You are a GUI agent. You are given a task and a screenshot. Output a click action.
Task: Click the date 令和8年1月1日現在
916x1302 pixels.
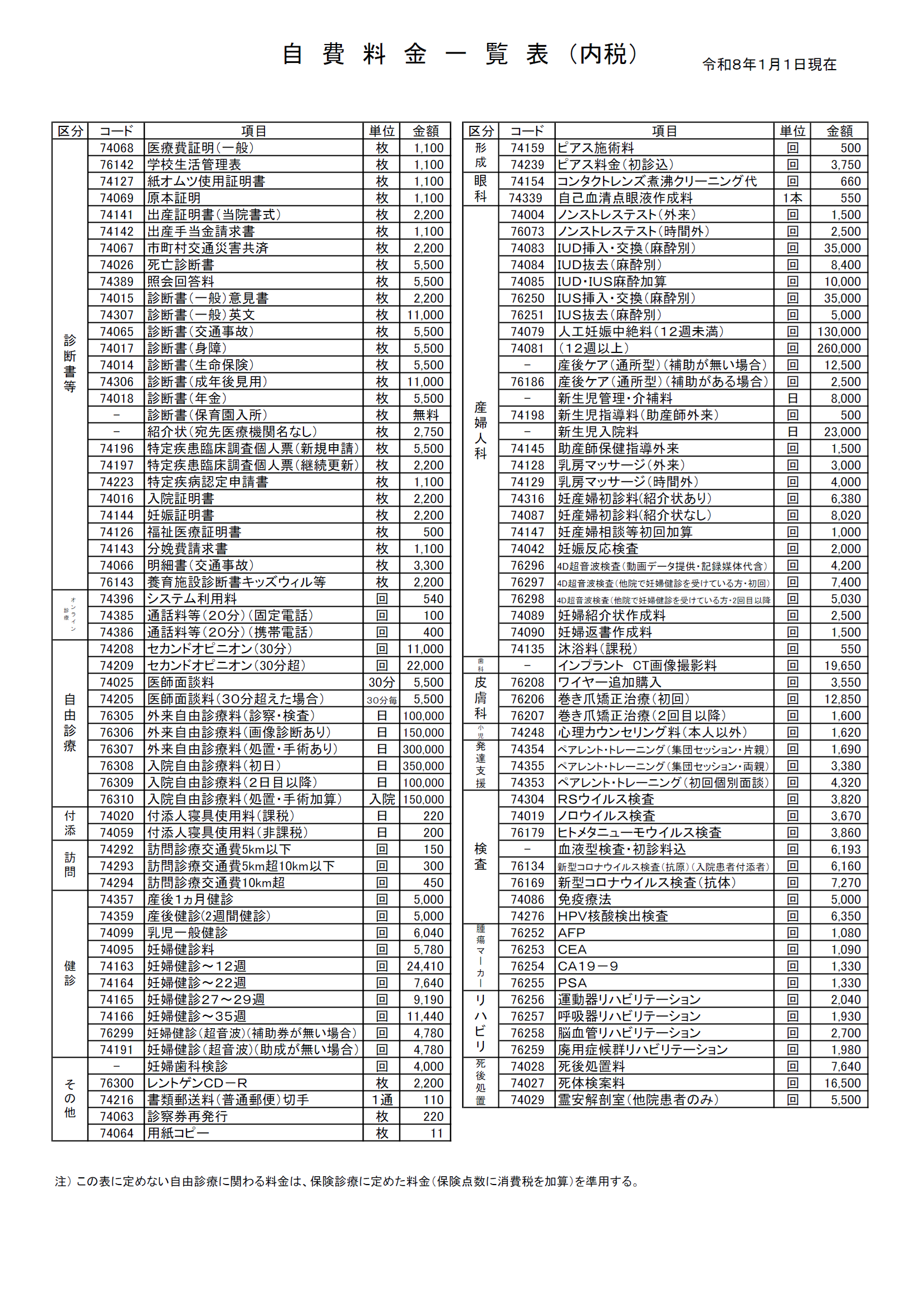[x=769, y=65]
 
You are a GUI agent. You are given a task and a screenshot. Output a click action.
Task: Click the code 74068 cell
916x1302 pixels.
[x=116, y=148]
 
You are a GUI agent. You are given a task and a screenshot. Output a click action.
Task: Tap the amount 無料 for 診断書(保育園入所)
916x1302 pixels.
[x=425, y=415]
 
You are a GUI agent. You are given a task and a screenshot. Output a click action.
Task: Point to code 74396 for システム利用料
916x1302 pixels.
[x=116, y=599]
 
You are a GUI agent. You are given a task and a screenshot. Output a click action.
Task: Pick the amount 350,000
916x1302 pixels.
[x=424, y=766]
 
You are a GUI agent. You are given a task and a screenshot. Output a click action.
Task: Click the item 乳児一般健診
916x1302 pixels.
[x=188, y=933]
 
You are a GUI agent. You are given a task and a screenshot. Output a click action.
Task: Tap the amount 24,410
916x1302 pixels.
[x=425, y=966]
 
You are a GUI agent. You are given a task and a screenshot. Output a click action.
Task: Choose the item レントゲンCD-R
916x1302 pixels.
[x=197, y=1083]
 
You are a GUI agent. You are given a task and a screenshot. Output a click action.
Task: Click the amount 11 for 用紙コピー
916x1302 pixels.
[x=436, y=1133]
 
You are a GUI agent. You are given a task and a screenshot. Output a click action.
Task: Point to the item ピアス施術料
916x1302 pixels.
[x=596, y=148]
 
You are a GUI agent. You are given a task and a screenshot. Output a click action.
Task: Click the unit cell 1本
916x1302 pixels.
[x=792, y=198]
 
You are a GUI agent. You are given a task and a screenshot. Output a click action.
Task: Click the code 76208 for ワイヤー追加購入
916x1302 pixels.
[x=527, y=682]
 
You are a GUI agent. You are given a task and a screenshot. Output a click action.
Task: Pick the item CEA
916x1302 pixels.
[x=572, y=949]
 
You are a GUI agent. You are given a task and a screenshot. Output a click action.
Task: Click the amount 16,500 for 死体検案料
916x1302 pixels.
[x=842, y=1083]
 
